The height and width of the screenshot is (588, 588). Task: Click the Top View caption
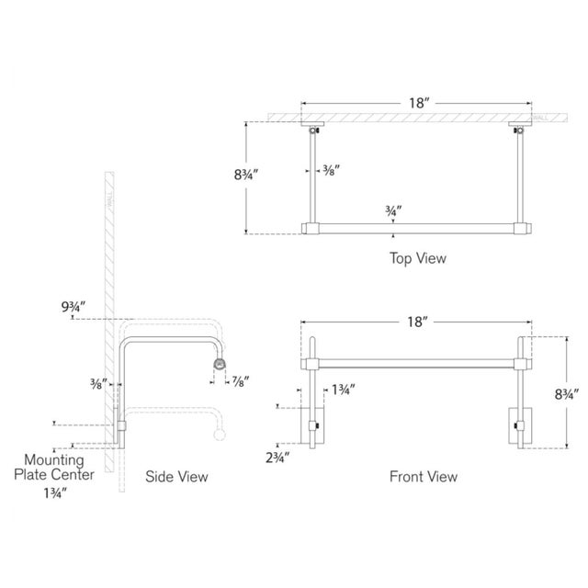[416, 258]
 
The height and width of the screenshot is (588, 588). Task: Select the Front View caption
[423, 477]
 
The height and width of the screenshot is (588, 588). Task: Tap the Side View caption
[177, 477]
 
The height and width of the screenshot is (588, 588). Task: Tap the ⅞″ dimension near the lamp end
[242, 380]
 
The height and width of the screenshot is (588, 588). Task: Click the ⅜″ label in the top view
[330, 171]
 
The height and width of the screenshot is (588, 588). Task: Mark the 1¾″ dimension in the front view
[344, 390]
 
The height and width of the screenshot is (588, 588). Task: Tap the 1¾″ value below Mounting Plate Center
[54, 492]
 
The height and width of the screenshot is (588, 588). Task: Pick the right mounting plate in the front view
[519, 425]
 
